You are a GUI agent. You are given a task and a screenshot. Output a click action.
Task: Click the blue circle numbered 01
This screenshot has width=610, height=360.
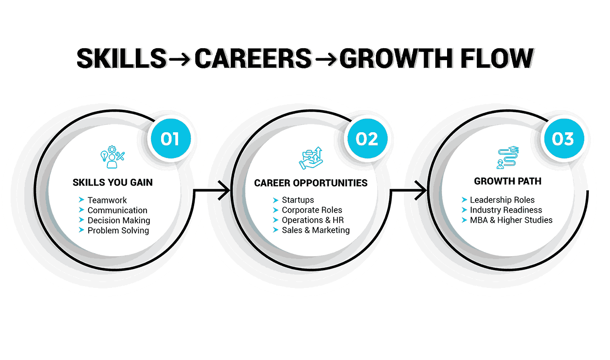pos(171,138)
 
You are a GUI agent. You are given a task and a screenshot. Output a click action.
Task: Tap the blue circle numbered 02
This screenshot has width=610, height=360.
pos(367,138)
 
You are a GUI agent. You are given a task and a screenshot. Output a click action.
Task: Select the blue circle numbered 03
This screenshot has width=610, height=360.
pos(564,138)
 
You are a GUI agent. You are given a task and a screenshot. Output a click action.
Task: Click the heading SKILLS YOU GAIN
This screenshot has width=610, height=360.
pos(112,182)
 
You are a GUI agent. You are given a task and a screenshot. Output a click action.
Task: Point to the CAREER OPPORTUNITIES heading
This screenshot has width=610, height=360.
pos(311,183)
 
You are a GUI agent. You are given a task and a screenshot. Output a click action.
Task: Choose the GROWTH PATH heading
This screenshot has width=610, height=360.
pos(508,181)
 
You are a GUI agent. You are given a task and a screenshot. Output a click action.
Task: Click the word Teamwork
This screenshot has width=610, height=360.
pos(107,200)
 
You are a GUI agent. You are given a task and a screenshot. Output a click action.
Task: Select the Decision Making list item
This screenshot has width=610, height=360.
pos(119,220)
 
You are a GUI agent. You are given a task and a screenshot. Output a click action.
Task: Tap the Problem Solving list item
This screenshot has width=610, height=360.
pos(118,230)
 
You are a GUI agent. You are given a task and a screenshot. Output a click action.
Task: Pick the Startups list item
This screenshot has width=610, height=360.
pos(298,200)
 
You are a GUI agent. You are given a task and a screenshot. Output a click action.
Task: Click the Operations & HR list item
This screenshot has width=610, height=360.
pos(313,220)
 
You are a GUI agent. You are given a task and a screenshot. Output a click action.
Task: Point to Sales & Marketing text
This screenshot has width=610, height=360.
pos(316,230)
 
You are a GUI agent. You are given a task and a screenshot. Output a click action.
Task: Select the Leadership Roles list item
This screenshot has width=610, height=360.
pos(502,200)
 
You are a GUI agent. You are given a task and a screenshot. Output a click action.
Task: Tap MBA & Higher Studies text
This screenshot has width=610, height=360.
pos(511,220)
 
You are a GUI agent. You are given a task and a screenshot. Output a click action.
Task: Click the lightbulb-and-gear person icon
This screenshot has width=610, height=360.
pos(112,157)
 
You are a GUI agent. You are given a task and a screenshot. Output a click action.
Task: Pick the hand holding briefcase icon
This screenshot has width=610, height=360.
pos(311,158)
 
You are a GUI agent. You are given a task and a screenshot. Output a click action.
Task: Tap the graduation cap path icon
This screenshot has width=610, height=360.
pos(508,157)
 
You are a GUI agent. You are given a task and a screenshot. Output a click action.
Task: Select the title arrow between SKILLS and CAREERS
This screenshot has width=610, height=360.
pos(179,58)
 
